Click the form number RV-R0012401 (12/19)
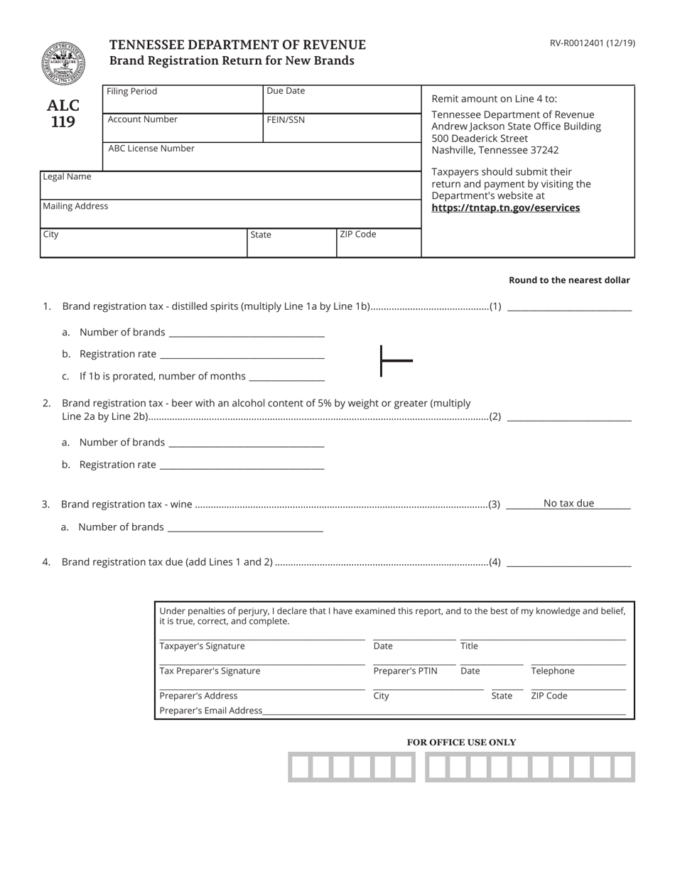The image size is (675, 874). pos(592,43)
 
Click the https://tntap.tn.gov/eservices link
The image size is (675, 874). pos(505,208)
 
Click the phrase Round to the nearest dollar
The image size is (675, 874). pos(569,280)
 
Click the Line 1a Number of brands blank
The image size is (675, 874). pos(246,332)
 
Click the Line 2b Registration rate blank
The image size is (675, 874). pos(242,464)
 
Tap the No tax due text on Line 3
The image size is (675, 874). pos(568,503)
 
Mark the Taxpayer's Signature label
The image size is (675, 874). pos(202,646)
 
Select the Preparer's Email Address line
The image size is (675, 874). pos(444,710)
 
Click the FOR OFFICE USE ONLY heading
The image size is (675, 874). pos(461,743)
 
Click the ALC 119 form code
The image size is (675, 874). pos(63,114)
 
